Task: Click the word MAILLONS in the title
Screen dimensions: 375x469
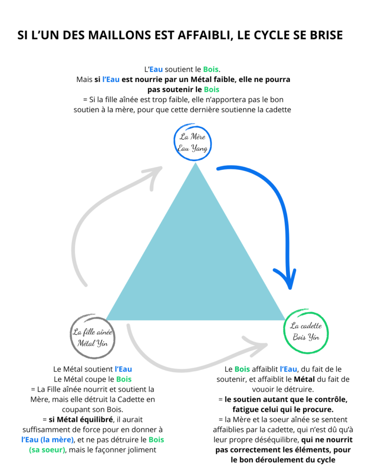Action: coord(120,35)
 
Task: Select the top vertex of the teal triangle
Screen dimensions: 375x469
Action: coord(196,163)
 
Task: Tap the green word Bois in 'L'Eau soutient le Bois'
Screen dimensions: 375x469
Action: coord(211,70)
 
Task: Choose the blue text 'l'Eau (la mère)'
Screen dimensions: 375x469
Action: coord(48,440)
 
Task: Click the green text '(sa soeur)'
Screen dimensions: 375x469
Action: coord(47,450)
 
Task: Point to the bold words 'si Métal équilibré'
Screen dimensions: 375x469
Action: coord(81,420)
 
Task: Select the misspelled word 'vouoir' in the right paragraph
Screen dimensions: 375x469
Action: coord(262,389)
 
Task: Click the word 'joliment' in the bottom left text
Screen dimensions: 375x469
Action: coord(143,450)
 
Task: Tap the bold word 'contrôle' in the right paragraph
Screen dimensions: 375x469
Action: coord(330,399)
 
